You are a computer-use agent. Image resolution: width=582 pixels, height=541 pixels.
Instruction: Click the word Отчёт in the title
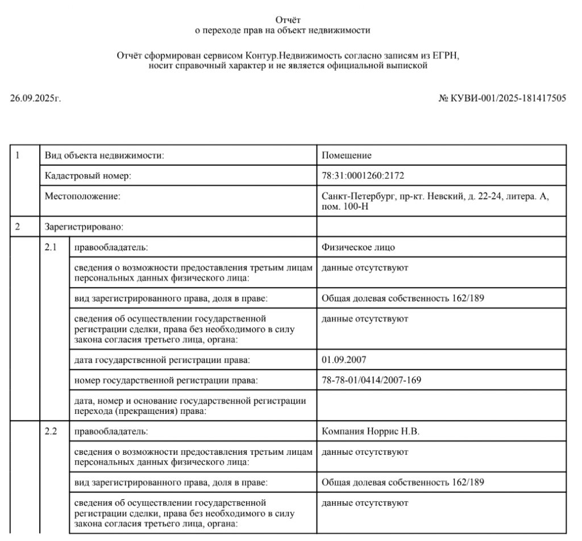290,20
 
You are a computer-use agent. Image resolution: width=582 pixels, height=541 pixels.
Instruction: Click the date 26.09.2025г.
35,98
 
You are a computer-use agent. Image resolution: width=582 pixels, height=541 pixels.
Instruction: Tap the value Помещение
346,156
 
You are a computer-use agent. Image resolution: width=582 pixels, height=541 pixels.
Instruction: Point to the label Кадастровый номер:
88,176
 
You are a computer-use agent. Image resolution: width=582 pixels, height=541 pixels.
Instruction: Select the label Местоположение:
83,196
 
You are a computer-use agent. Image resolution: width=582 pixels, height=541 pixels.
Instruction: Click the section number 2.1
51,248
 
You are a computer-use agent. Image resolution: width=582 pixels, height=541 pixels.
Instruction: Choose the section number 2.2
51,431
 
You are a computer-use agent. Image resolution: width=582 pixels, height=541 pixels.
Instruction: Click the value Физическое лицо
358,248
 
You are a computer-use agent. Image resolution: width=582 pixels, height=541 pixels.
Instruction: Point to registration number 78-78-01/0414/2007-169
371,380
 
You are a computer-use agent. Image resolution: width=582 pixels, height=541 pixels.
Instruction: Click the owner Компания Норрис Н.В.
370,431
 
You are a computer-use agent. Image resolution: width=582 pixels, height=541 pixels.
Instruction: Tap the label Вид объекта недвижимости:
105,156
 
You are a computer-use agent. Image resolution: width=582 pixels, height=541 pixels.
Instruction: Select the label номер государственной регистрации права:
165,380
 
